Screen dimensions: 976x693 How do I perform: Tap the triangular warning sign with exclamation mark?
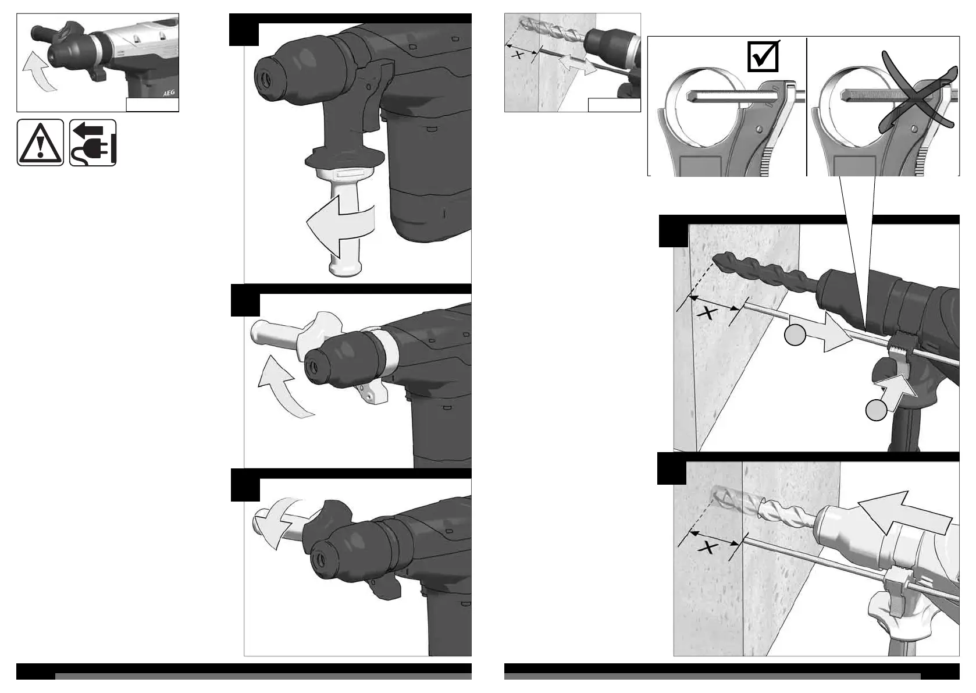(40, 143)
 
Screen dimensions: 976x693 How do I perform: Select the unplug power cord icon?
(93, 143)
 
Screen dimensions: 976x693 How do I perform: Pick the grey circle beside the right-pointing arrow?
(795, 336)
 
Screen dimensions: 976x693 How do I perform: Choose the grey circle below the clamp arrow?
(877, 410)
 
